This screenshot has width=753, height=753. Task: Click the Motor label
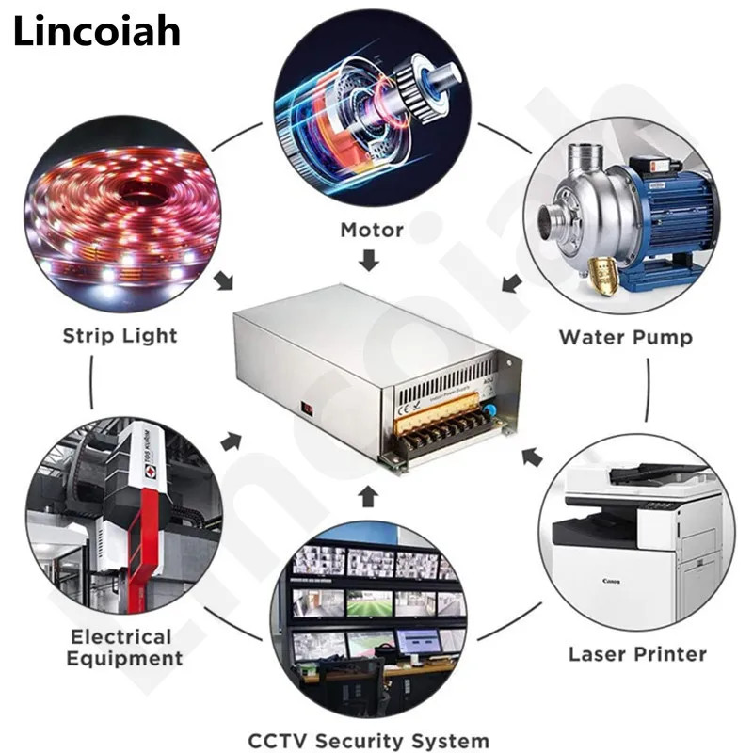(372, 230)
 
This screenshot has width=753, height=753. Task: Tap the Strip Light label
(120, 336)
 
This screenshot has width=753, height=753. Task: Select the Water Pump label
(625, 337)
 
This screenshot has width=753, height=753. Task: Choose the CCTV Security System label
(369, 741)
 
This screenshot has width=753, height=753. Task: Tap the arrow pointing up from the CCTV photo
(370, 495)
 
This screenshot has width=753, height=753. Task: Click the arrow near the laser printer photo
(532, 458)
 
